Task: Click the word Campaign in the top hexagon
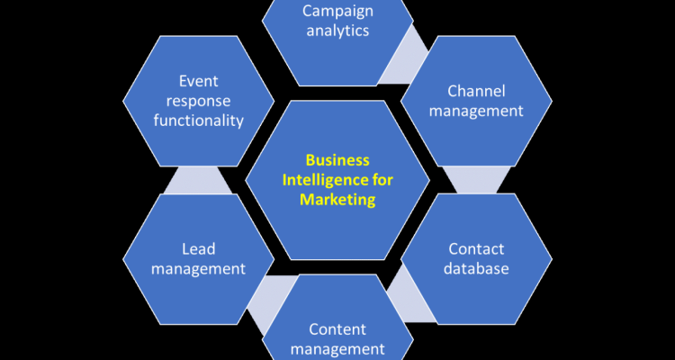[337, 11]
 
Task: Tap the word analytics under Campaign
[337, 31]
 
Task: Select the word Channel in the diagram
[476, 91]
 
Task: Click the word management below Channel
[476, 111]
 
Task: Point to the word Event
[197, 81]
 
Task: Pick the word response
[197, 100]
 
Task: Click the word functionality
[197, 120]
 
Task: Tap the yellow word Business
[337, 160]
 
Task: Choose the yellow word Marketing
[337, 200]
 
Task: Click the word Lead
[197, 248]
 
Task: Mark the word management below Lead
[197, 268]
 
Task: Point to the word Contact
[476, 248]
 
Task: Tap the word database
[476, 268]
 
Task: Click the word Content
[337, 328]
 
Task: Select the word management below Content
[337, 348]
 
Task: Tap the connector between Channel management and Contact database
[476, 179]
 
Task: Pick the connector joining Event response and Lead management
[197, 180]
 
